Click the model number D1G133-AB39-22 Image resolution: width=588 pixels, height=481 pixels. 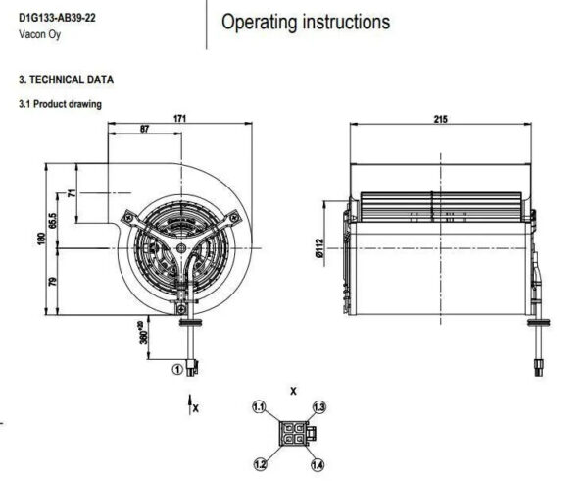coord(57,18)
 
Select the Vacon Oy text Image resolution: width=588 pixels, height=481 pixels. coord(40,34)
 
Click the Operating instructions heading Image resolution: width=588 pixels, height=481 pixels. coord(306,22)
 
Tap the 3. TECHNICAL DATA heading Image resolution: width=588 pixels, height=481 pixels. coord(66,80)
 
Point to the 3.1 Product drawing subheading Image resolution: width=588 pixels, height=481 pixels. coord(60,104)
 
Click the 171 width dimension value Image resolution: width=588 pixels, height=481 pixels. coord(179,118)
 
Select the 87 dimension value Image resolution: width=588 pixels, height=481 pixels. coord(144,129)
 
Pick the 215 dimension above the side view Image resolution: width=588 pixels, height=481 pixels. coord(441,119)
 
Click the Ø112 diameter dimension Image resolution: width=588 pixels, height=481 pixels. coord(319,247)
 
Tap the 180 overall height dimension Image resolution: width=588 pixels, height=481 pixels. coord(41,240)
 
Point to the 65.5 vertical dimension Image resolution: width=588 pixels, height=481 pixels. coord(53,221)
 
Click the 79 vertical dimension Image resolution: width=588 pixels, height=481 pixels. coord(53,282)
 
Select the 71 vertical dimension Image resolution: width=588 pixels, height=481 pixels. coord(72,193)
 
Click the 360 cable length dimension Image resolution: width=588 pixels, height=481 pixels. coord(144,333)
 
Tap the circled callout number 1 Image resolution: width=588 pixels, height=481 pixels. coord(177,369)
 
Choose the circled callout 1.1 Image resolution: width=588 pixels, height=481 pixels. coord(259,407)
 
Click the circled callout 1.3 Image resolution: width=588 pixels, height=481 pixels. coord(319,407)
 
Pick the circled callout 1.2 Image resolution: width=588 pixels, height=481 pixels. coord(261,464)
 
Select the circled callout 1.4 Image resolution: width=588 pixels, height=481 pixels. coord(318,465)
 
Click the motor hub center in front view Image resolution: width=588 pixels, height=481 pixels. coord(181,247)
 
